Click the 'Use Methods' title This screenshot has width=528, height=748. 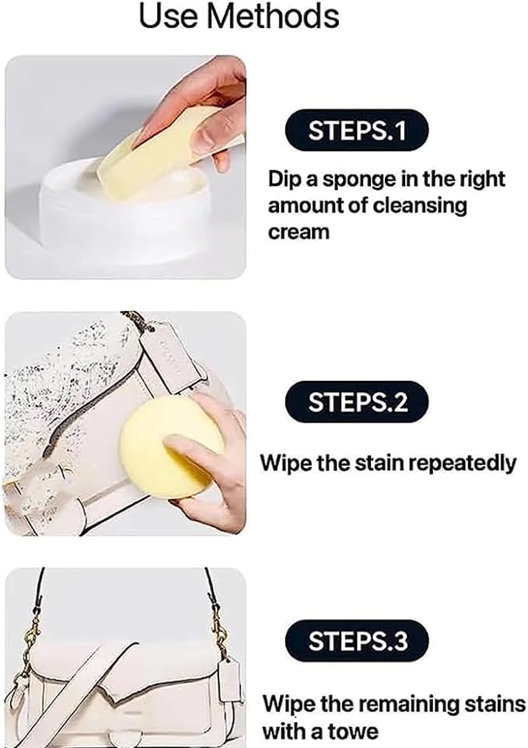[239, 16]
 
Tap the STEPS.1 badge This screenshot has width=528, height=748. [357, 131]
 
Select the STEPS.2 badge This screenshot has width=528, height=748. [357, 402]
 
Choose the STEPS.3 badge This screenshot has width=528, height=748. [357, 641]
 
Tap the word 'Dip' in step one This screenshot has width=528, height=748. [285, 180]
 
